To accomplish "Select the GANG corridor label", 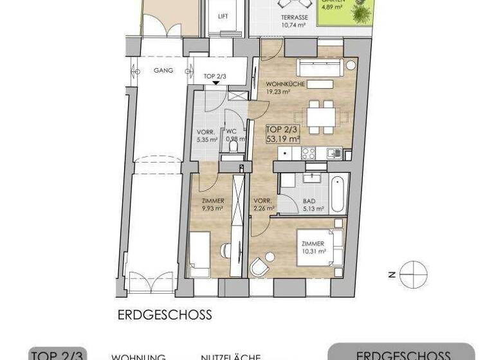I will pyautogui.click(x=164, y=71).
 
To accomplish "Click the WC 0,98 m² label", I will pyautogui.click(x=232, y=136).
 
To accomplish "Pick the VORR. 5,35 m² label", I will pyautogui.click(x=206, y=136).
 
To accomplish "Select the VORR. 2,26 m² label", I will pyautogui.click(x=263, y=203).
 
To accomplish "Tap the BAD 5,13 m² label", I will pyautogui.click(x=309, y=204).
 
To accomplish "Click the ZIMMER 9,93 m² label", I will pyautogui.click(x=212, y=204).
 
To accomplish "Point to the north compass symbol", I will pyautogui.click(x=413, y=273).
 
